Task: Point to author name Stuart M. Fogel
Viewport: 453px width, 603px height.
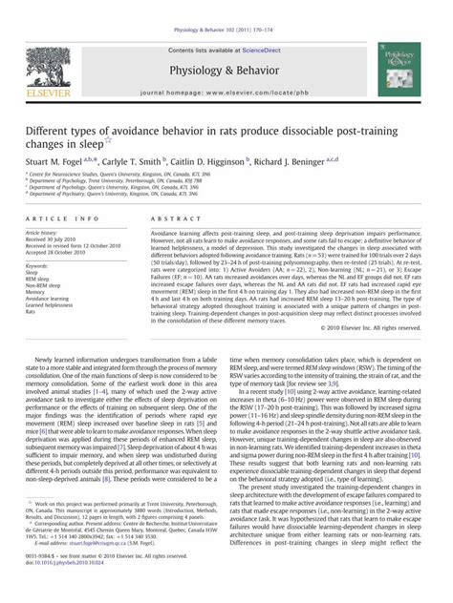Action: [x=73, y=164]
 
